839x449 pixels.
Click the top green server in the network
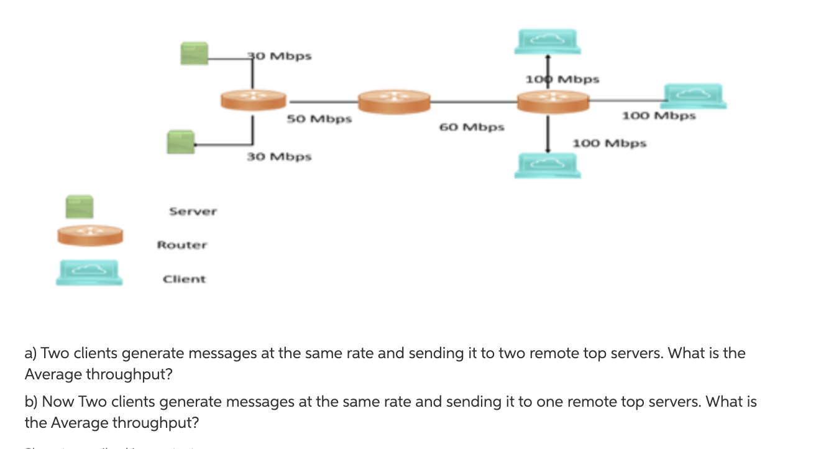(194, 53)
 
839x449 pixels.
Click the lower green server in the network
(180, 142)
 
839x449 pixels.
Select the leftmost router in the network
(254, 100)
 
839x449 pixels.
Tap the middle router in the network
(394, 101)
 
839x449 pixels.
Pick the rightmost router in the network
(552, 101)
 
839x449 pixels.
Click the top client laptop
(548, 40)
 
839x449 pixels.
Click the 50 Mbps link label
(319, 118)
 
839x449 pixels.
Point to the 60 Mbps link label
(472, 127)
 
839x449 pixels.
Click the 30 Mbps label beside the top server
(280, 56)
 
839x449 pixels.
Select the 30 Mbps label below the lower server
(279, 156)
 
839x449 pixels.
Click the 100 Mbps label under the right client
(659, 116)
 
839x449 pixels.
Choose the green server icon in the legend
(80, 207)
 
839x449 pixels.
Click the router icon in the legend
(90, 236)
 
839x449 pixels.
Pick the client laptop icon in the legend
(89, 272)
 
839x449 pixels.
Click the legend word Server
(193, 211)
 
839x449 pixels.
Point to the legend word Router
(181, 245)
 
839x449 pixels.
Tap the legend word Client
(184, 279)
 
